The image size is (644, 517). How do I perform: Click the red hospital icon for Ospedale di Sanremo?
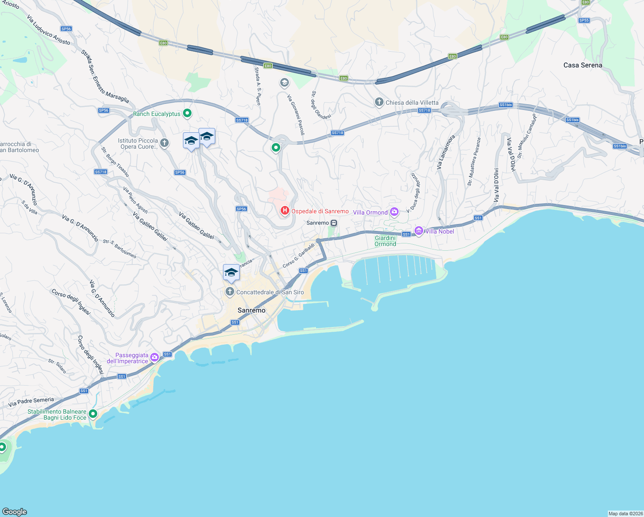tap(285, 211)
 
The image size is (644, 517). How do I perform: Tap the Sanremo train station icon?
tap(334, 223)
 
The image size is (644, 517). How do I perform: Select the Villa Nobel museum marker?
tap(418, 231)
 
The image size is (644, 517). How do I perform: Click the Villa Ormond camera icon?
tap(394, 212)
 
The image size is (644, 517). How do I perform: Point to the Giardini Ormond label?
tap(385, 241)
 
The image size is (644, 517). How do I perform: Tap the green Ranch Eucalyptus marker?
tap(187, 114)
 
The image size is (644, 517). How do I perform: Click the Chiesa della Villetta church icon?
tap(379, 102)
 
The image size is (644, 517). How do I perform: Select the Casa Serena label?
tap(582, 65)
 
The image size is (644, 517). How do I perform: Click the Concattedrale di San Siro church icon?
tap(230, 292)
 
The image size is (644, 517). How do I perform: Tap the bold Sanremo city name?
tap(251, 310)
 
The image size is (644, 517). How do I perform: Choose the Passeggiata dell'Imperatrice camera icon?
tap(155, 357)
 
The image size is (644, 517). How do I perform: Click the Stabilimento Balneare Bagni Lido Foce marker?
tap(93, 414)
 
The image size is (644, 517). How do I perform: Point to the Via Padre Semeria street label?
tap(31, 402)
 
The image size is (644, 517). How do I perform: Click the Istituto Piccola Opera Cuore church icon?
tap(164, 143)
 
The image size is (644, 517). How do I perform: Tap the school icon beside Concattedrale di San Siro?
tap(231, 273)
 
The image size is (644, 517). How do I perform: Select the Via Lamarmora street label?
tap(446, 152)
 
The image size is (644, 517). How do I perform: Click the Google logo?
tap(15, 511)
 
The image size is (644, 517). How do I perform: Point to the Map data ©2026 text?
tap(625, 513)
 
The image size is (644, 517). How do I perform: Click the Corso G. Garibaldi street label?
tap(298, 255)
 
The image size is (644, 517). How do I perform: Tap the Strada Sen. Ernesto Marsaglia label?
tap(105, 76)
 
